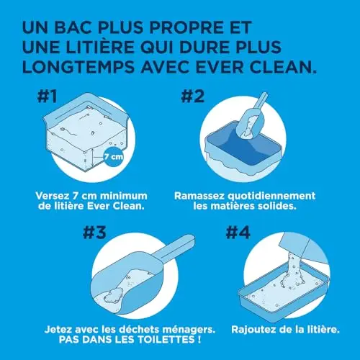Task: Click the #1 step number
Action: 48,96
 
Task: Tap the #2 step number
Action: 193,96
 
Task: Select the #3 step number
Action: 94,233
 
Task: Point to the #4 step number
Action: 238,233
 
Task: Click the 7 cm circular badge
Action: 114,157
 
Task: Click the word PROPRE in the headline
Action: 186,27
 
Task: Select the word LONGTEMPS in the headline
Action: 78,67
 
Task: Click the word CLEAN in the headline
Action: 283,67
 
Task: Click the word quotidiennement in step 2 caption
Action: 271,196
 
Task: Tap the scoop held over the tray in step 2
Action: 250,117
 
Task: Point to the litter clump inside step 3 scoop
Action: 113,295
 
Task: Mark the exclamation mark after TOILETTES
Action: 199,339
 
